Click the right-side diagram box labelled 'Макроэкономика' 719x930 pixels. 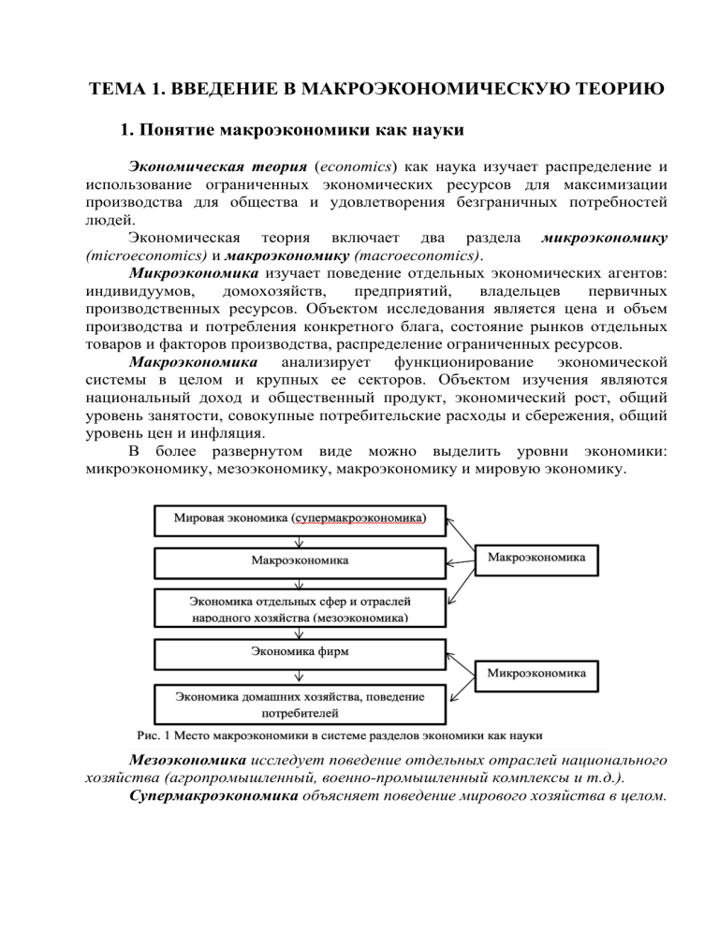(x=537, y=558)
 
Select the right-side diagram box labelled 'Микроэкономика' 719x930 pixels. (x=537, y=673)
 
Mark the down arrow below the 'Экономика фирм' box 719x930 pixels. (x=298, y=676)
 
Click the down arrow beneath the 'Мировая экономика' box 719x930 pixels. (x=298, y=540)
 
